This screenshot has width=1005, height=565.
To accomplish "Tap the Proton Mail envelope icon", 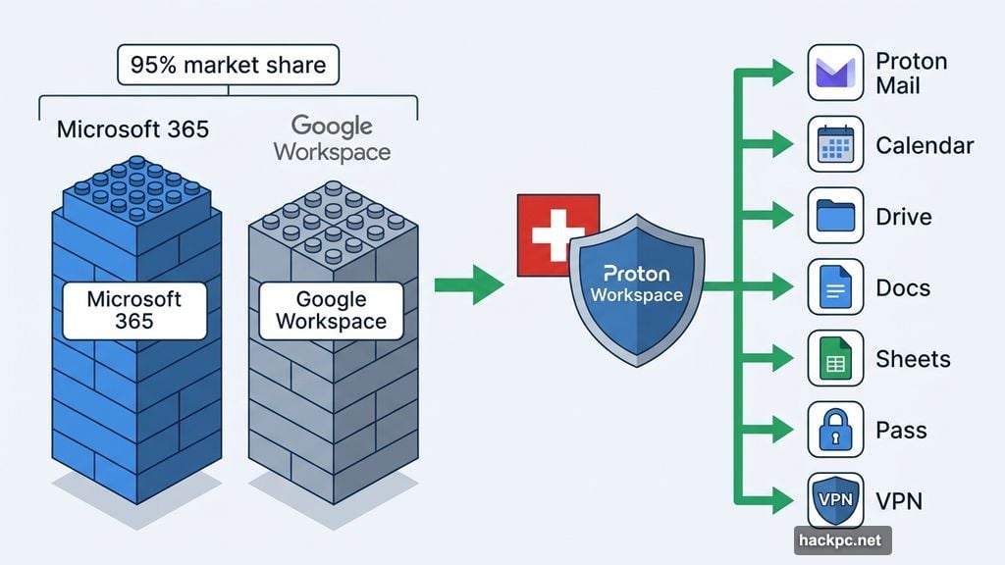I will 835,73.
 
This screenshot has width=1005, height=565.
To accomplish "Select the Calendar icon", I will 835,145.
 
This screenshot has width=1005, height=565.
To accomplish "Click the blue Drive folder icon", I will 835,216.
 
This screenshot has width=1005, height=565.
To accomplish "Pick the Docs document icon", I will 835,287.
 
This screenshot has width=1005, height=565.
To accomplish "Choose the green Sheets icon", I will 835,358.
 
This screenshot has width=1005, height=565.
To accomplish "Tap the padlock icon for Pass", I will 835,430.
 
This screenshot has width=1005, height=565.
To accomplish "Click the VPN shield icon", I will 835,501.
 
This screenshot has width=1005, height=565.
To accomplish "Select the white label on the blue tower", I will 134,310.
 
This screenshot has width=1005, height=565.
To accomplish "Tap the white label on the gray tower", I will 331,310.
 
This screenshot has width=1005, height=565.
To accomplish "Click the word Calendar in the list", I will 925,146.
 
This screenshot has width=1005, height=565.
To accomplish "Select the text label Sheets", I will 913,359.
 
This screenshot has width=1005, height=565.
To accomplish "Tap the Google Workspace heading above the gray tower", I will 332,138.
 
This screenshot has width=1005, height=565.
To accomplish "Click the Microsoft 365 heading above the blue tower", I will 132,129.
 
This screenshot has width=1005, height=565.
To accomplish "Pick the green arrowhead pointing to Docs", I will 781,287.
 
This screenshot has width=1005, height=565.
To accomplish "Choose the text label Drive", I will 904,217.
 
